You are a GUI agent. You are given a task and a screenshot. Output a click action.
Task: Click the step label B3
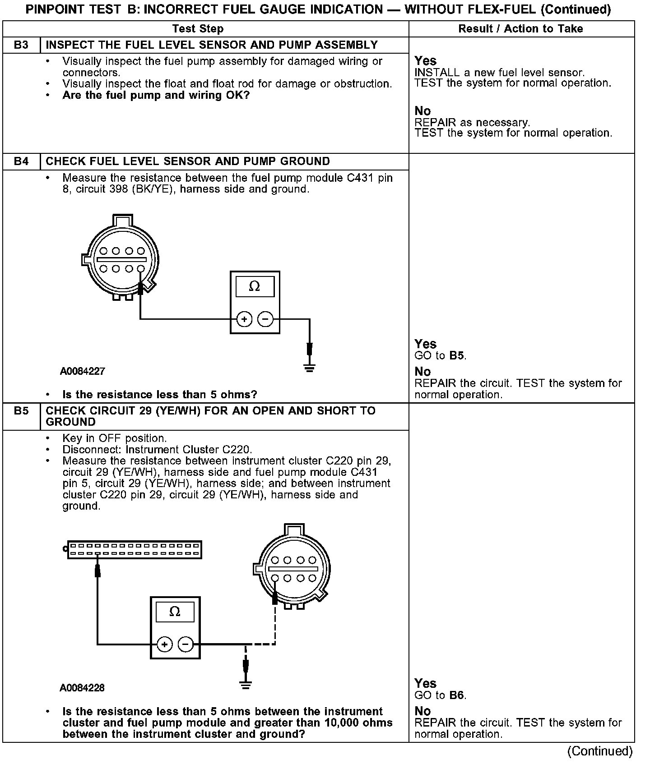point(21,45)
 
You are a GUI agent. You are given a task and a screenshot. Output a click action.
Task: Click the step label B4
point(21,161)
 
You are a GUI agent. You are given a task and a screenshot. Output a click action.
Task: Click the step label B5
point(21,411)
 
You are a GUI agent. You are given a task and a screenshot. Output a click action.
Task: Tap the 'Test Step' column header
point(198,29)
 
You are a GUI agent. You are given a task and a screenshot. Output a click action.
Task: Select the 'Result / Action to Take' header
point(520,29)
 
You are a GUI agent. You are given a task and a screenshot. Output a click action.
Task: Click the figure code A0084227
point(83,371)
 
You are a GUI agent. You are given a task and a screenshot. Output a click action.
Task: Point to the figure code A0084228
point(82,688)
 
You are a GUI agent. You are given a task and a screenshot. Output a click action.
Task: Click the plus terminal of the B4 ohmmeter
point(244,319)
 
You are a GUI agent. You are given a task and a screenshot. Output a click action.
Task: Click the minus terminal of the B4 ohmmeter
point(265,319)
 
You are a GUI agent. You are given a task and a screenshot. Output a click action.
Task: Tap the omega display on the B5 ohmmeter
point(175,612)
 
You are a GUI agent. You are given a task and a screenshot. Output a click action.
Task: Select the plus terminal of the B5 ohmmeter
point(165,644)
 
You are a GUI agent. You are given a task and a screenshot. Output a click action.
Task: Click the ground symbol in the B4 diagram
point(309,368)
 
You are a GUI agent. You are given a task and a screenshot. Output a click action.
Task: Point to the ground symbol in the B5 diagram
point(246,685)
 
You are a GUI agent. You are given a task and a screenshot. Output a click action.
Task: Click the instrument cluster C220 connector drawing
point(134,550)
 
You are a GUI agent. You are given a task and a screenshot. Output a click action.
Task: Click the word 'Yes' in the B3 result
point(425,61)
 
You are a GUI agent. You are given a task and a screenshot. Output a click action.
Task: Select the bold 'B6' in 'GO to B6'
point(457,695)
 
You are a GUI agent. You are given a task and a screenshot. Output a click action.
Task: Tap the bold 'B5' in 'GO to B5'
point(457,355)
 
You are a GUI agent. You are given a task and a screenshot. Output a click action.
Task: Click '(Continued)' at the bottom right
point(600,751)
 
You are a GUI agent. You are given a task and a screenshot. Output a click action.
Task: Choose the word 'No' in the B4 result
point(422,372)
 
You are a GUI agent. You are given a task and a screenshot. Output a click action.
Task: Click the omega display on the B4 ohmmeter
point(255,287)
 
